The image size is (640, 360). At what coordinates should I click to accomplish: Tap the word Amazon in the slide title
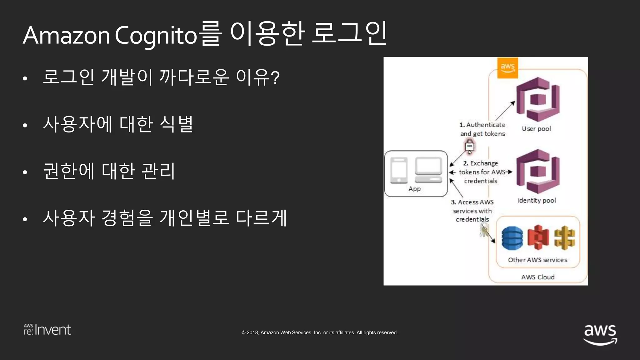[66, 35]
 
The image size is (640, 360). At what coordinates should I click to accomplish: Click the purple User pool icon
[537, 99]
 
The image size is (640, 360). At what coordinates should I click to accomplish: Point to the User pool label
[536, 129]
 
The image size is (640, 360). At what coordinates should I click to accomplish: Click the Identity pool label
[537, 200]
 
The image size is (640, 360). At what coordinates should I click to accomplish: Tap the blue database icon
[512, 238]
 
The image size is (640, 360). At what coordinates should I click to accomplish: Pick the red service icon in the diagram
[538, 237]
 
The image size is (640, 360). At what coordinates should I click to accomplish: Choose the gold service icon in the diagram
[564, 238]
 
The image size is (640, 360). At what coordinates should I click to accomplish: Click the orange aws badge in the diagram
[507, 67]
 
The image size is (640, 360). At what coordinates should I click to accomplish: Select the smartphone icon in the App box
[399, 171]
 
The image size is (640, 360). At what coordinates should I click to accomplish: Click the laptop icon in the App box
[428, 171]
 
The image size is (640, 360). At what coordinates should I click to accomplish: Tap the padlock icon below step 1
[469, 146]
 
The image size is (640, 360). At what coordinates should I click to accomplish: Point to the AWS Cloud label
[537, 277]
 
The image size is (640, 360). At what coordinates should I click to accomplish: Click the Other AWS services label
[537, 260]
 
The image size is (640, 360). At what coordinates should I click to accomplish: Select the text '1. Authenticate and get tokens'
[482, 129]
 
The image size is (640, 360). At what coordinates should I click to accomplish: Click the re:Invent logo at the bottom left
[47, 330]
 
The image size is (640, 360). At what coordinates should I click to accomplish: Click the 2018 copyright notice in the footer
[319, 332]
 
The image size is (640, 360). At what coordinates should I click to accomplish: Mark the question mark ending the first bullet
[275, 77]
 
